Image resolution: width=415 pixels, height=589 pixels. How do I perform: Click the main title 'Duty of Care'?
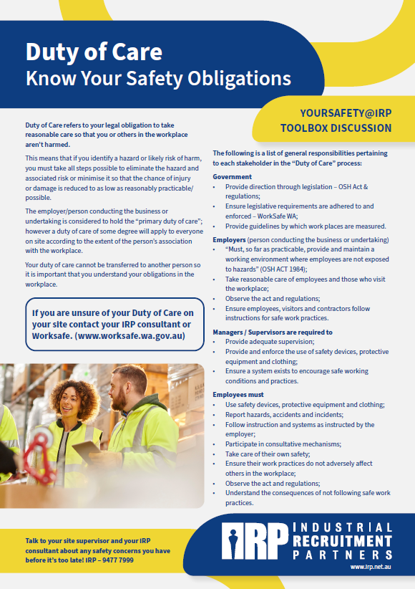click(x=94, y=52)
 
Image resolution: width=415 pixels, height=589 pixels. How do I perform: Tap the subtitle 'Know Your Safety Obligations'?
click(x=158, y=77)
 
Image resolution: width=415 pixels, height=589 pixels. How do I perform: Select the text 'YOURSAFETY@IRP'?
click(x=346, y=113)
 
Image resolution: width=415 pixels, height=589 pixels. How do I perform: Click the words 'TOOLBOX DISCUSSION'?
click(x=336, y=128)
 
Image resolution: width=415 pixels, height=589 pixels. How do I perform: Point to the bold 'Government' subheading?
click(x=232, y=176)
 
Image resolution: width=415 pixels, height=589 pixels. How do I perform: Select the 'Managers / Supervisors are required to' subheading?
click(x=273, y=332)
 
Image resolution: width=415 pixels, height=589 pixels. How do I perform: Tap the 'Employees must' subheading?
click(x=238, y=395)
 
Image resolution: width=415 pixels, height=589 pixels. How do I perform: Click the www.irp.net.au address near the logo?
click(x=371, y=567)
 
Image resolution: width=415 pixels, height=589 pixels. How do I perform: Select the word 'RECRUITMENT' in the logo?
click(x=342, y=540)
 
